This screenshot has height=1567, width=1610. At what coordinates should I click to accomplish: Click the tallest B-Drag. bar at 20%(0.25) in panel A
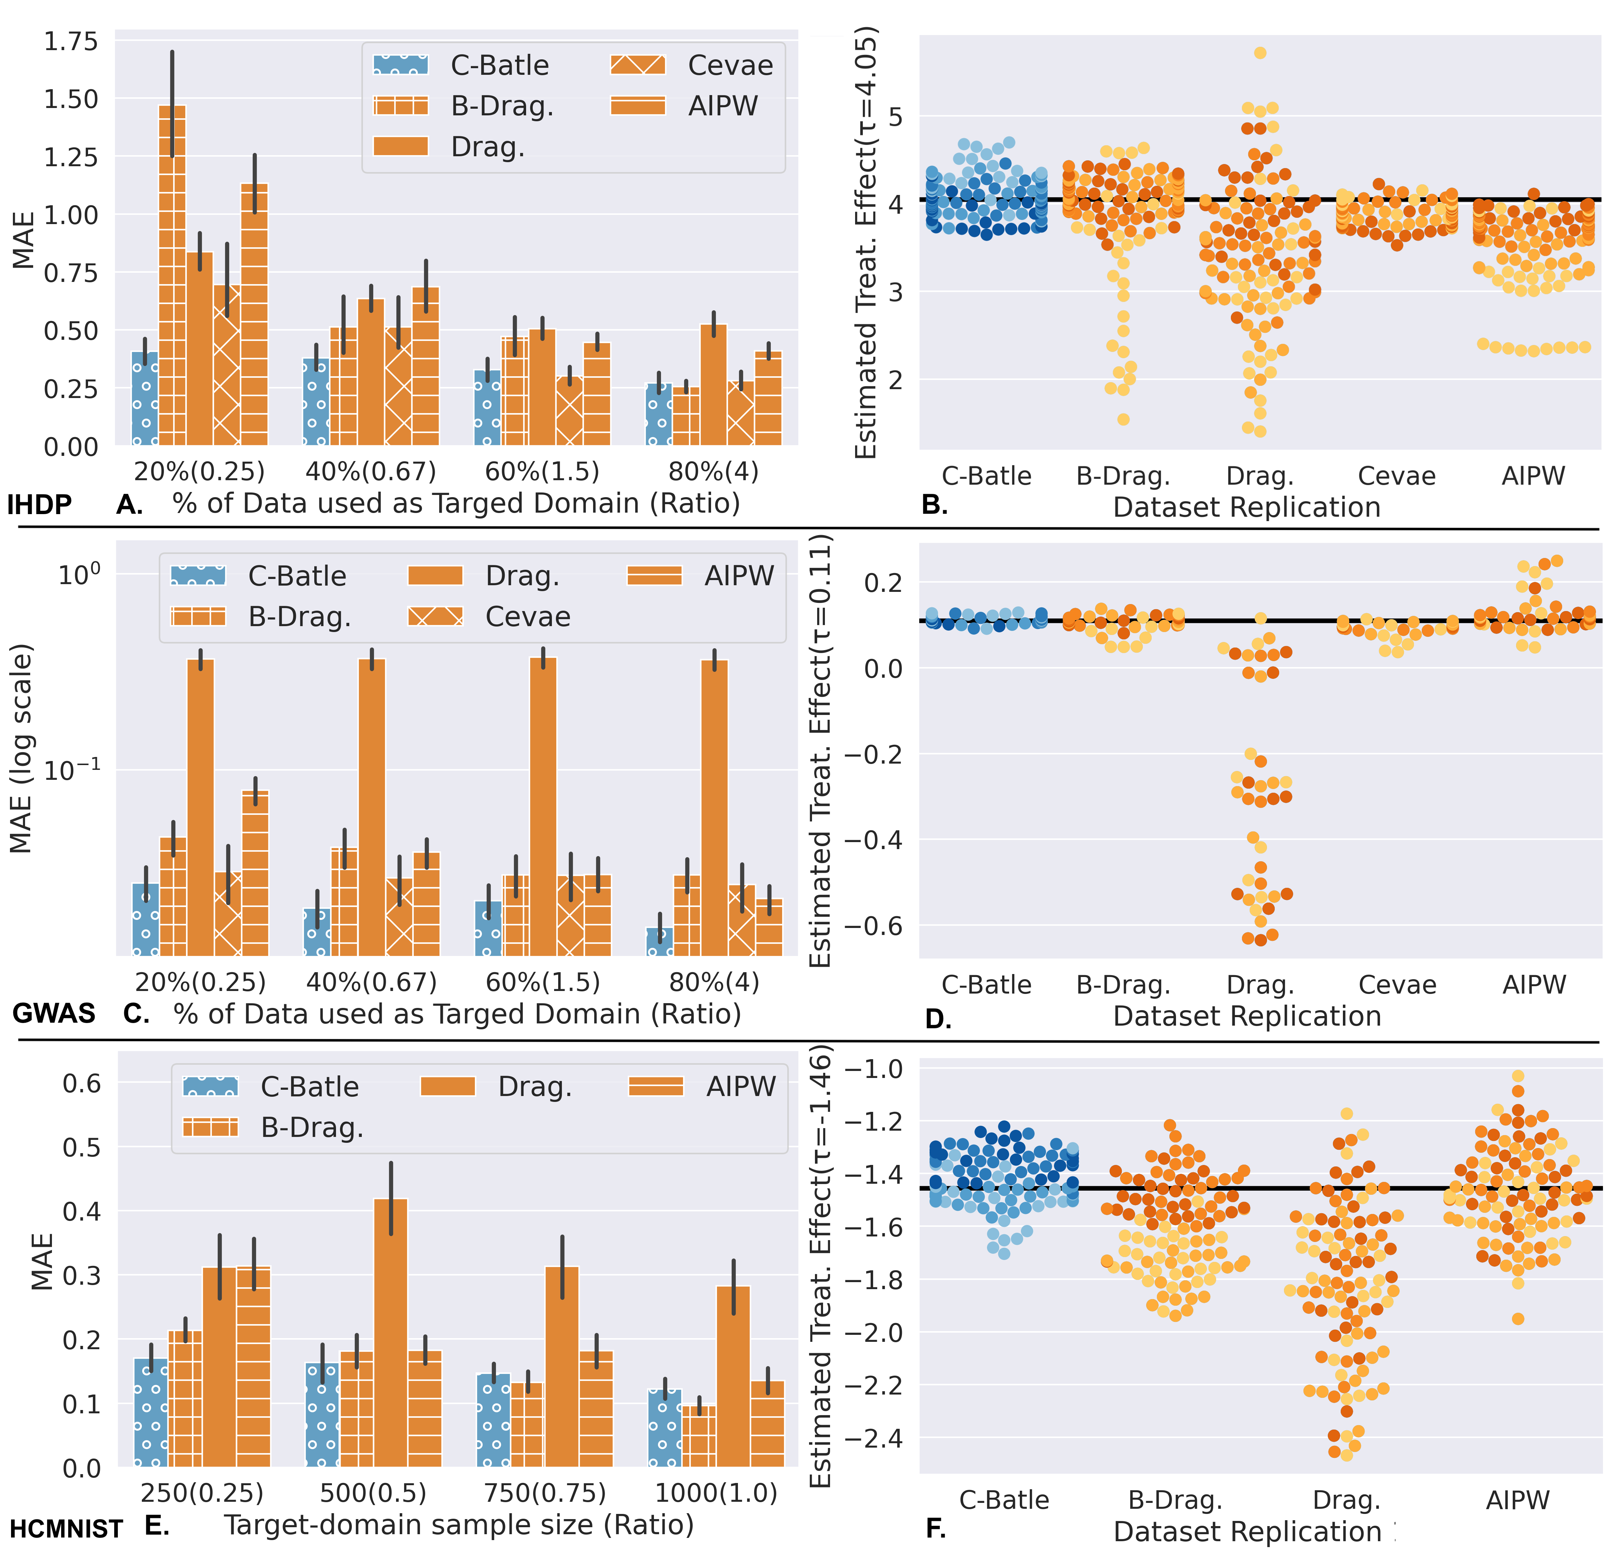pos(172,276)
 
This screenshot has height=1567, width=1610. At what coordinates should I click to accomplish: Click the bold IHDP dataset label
pos(39,505)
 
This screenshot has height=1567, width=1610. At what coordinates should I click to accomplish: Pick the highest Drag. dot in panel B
pos(1260,53)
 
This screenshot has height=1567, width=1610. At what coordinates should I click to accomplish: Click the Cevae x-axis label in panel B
pos(1396,476)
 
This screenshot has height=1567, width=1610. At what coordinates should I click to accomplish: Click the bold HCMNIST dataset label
pos(66,1529)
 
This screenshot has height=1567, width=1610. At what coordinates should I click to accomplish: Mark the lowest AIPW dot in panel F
pos(1518,1319)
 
